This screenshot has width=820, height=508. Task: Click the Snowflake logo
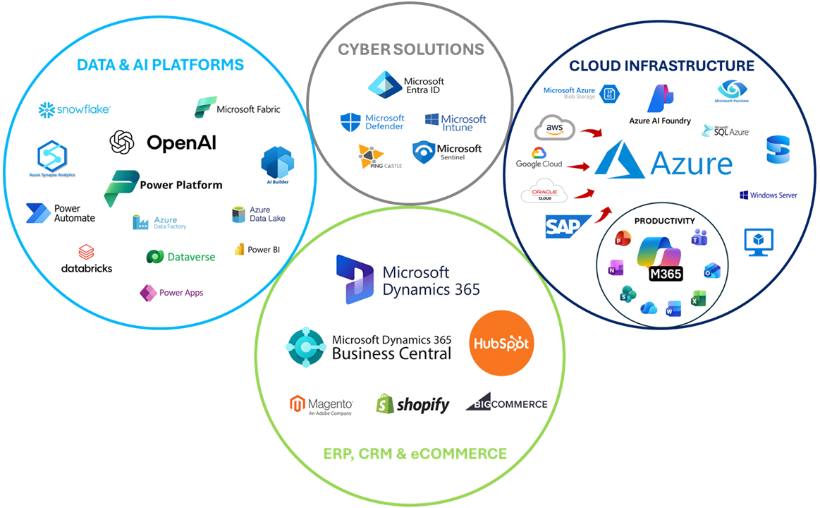pos(74,109)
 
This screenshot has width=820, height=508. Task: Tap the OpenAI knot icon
pos(122,142)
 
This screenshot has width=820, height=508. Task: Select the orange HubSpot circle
pos(501,343)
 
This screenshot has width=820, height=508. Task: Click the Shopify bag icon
pos(384,404)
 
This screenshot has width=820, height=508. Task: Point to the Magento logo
pos(322,405)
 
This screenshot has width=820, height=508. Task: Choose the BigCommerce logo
pos(506,403)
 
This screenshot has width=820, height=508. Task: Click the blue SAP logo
pos(568,226)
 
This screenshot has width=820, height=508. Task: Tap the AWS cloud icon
pos(555,128)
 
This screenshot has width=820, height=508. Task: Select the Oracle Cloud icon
pos(544,193)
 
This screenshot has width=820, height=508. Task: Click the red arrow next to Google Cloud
pos(579,167)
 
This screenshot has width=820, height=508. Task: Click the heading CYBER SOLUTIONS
pos(411,49)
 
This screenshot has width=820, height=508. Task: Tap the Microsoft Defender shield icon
pos(350,122)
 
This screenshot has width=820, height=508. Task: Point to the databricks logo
pos(87,260)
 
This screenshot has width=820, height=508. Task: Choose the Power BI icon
pos(240,250)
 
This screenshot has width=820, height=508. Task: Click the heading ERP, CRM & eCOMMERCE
pos(415,453)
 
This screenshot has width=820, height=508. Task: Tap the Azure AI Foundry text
pos(660,121)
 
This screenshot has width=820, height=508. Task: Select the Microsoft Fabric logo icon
pos(204,108)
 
